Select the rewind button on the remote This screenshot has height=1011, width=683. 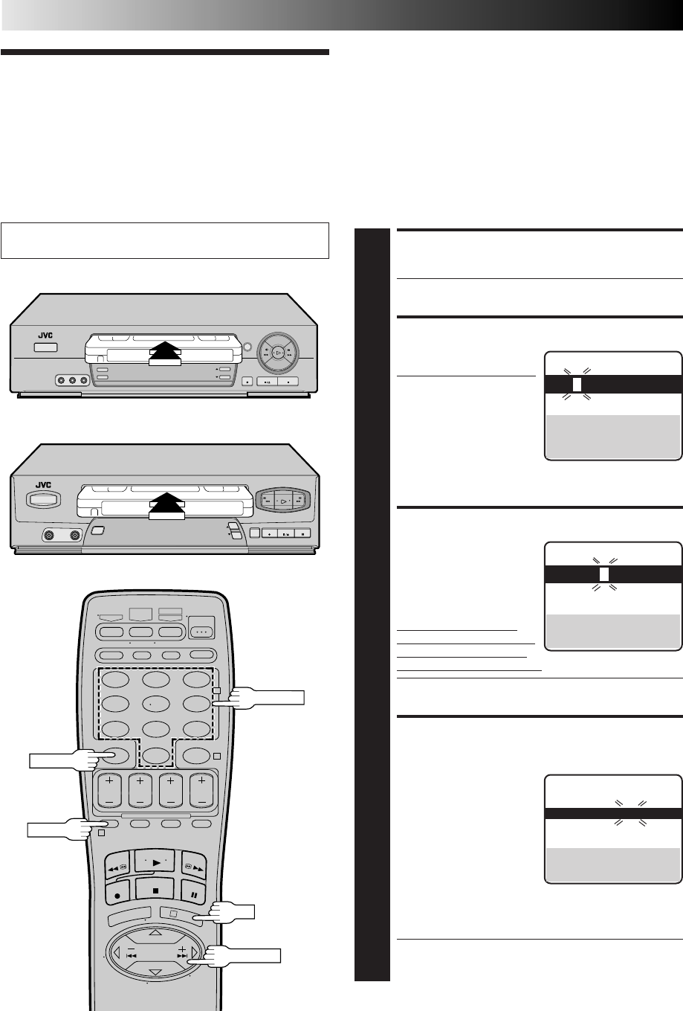[x=115, y=862]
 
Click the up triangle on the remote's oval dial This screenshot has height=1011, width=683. [x=154, y=932]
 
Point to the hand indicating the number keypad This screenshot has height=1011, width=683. [x=264, y=697]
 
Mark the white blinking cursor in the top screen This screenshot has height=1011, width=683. [x=577, y=385]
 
